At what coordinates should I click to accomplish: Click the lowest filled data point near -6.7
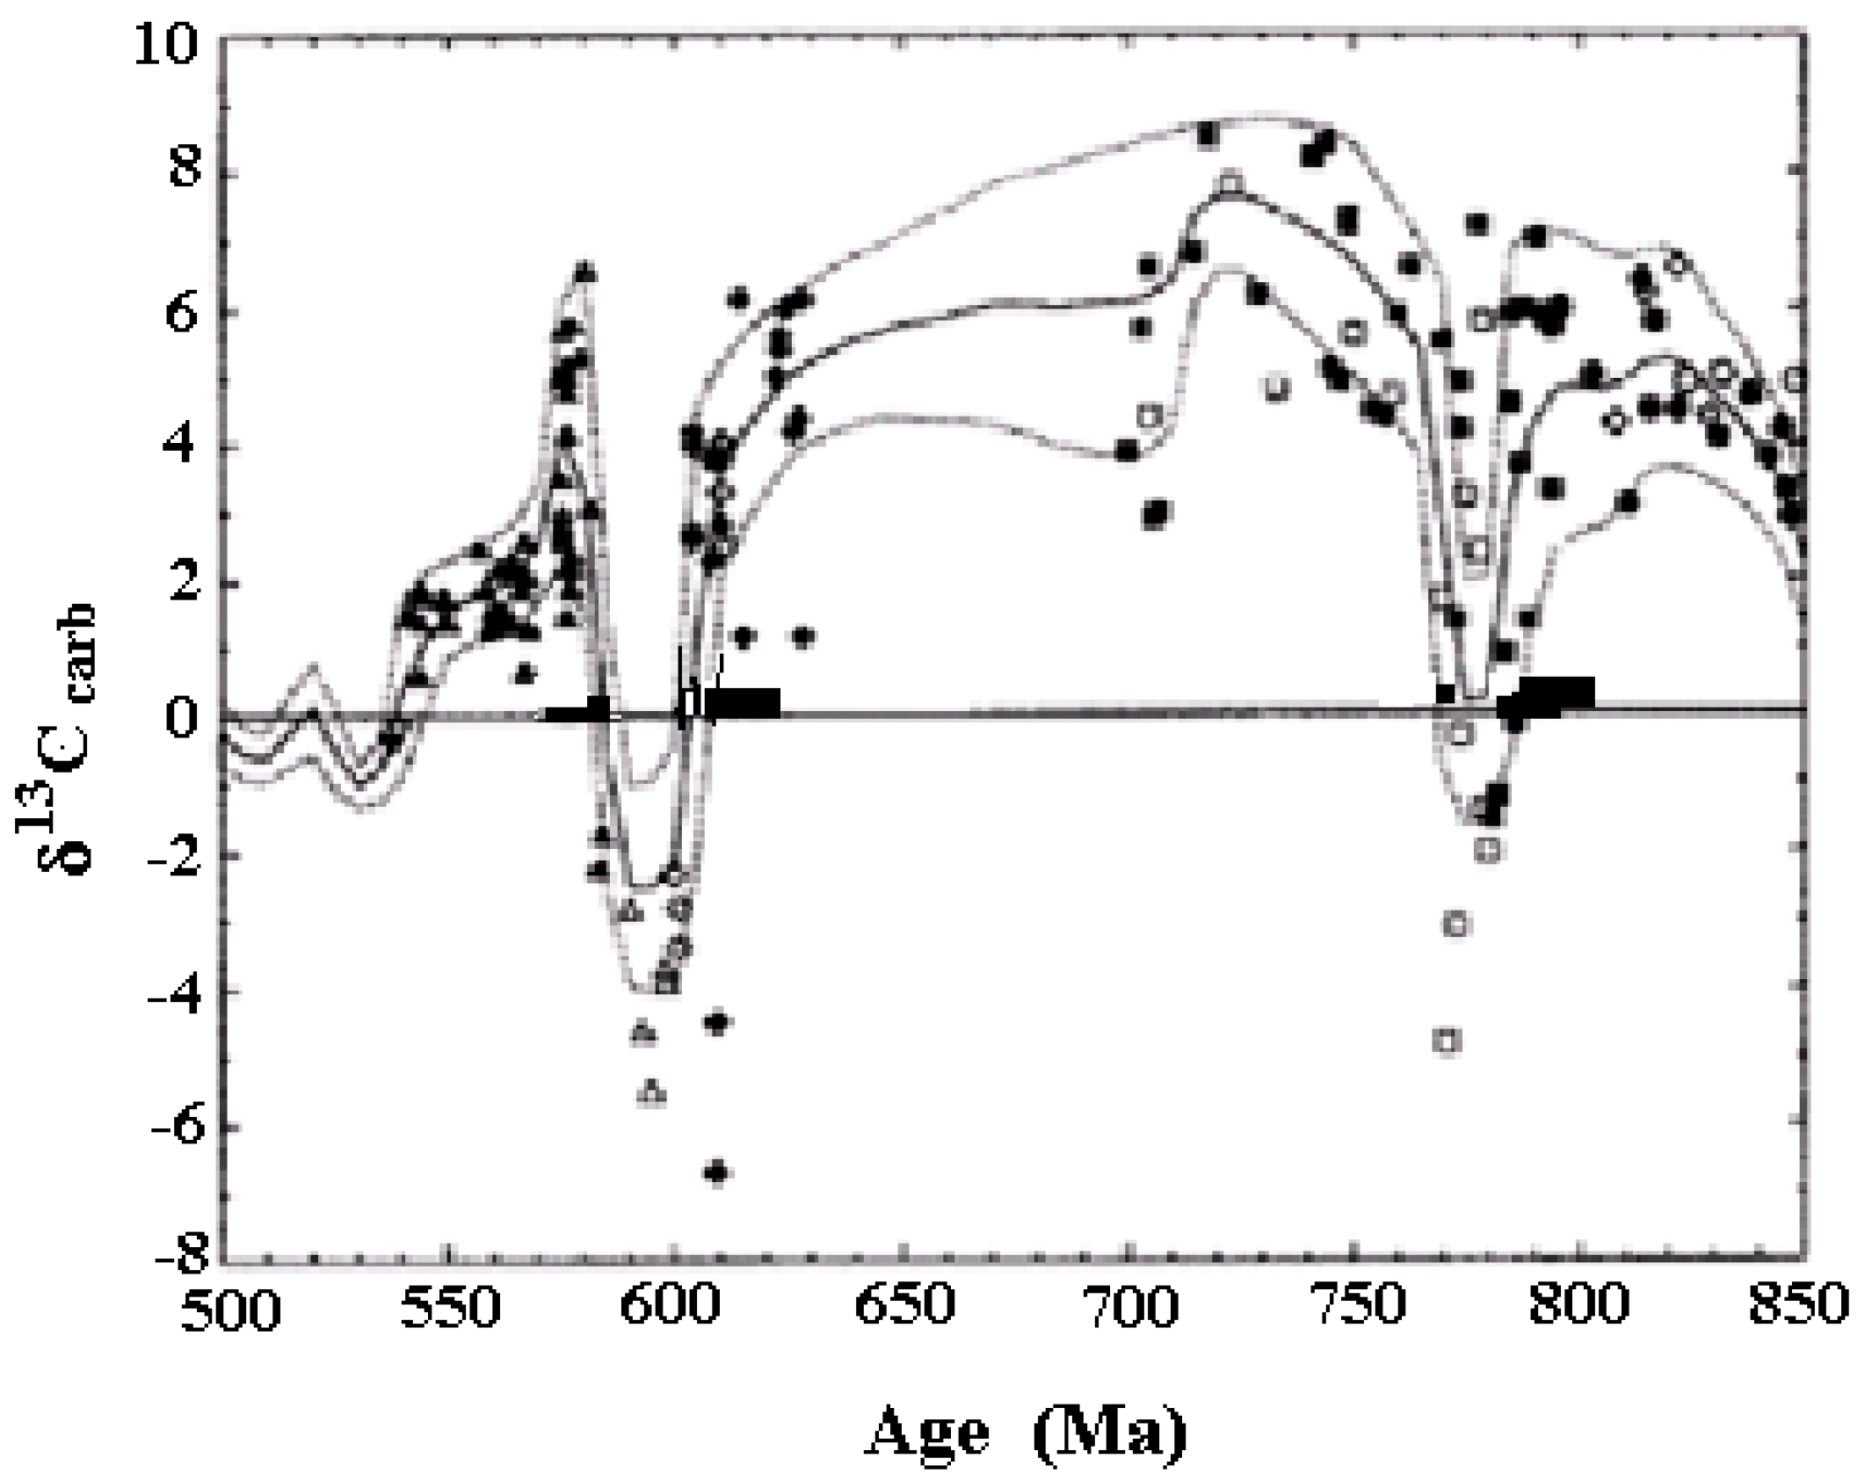(718, 1172)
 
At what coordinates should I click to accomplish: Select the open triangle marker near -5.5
(651, 1092)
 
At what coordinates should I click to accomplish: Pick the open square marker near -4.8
(1446, 1041)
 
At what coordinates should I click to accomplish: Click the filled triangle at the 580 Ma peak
(587, 272)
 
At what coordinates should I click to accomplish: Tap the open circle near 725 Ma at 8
(1232, 183)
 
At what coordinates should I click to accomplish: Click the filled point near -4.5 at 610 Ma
(718, 1022)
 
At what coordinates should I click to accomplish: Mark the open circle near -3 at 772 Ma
(1456, 925)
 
